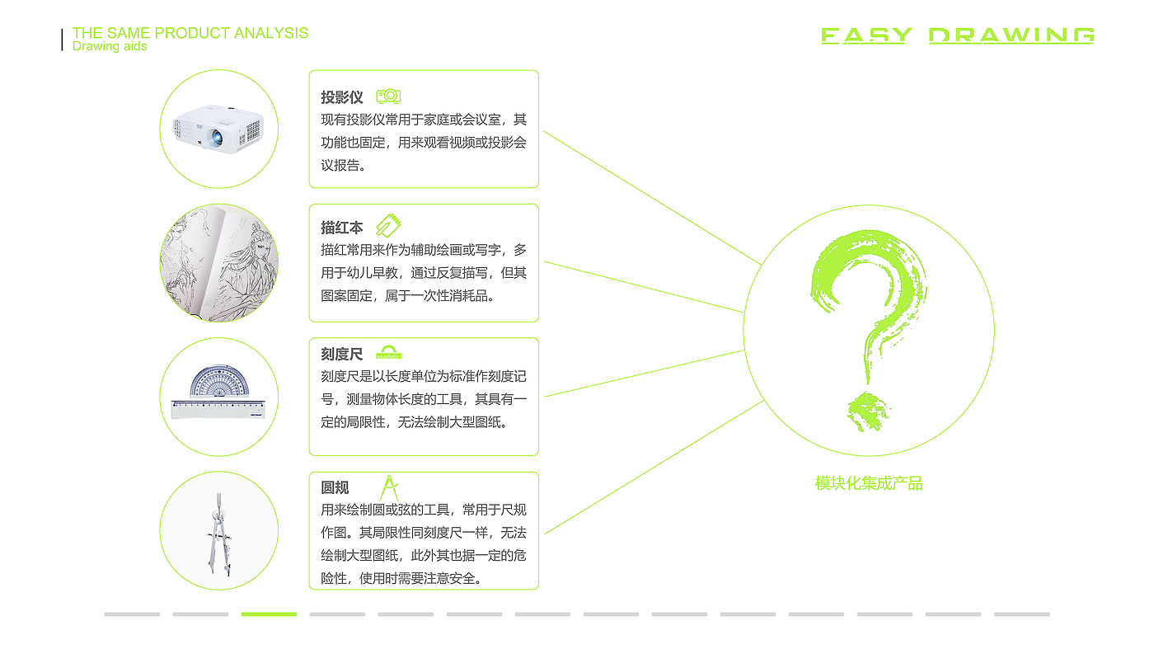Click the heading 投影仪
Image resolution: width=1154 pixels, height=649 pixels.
(341, 97)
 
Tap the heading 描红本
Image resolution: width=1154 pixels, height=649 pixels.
(341, 228)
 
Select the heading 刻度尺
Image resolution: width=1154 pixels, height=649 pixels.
(341, 355)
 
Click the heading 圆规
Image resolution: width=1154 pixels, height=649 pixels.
(335, 487)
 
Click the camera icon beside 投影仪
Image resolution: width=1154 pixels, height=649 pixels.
(388, 96)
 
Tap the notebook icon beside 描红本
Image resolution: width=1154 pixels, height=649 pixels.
(388, 225)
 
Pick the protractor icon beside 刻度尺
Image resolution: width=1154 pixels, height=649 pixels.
(388, 353)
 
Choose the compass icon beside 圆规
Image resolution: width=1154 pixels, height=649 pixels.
(389, 487)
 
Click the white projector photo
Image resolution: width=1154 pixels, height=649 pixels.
(218, 128)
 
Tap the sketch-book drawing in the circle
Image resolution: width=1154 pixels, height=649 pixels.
(218, 262)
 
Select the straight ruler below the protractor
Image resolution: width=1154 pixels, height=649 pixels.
(218, 409)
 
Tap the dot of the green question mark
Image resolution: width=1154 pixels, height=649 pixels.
(865, 411)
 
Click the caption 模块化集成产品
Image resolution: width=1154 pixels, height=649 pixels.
(869, 483)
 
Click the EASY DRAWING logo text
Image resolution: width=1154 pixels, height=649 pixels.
(958, 35)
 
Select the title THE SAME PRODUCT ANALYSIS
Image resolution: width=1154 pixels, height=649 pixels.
(190, 33)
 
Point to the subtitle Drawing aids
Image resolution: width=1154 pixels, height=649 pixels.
(110, 47)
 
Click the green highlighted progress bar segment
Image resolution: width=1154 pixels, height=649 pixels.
(269, 614)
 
